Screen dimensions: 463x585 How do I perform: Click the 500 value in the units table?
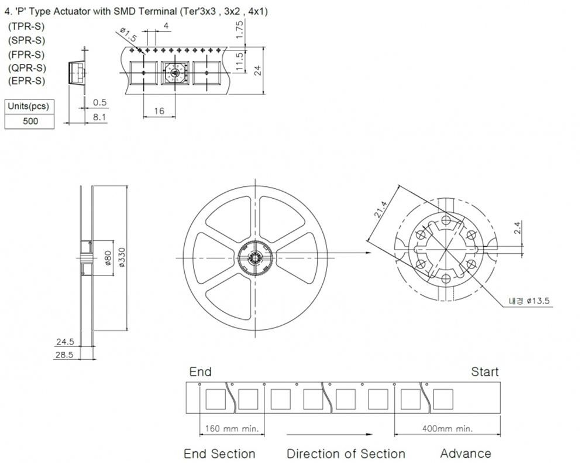click(x=29, y=121)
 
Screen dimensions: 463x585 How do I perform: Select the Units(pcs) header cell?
click(x=29, y=106)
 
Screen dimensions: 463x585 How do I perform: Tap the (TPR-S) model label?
click(x=26, y=27)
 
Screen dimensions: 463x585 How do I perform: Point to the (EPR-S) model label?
click(x=26, y=80)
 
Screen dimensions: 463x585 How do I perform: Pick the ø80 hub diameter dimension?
click(x=108, y=258)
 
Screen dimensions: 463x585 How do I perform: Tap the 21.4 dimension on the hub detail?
click(x=381, y=210)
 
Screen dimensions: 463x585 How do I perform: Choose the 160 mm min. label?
click(x=231, y=429)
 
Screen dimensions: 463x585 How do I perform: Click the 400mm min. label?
click(x=447, y=429)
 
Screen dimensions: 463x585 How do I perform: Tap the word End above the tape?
click(x=200, y=372)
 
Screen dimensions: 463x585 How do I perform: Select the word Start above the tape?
click(x=485, y=372)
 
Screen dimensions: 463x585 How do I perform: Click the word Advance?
click(x=466, y=453)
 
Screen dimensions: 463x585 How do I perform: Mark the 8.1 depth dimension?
click(x=99, y=117)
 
